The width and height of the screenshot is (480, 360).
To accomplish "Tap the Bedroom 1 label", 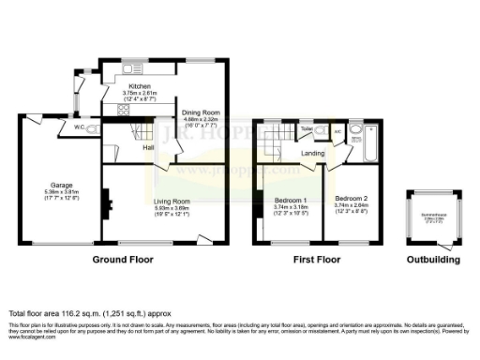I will click(287, 200).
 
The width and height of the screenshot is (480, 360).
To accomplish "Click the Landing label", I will click(312, 153).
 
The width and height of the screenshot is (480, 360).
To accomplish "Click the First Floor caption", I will click(315, 258).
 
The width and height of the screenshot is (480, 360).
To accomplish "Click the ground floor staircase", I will click(138, 129).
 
